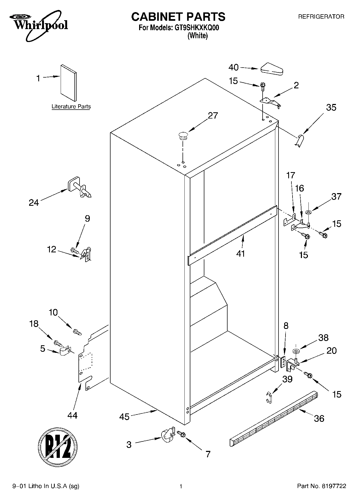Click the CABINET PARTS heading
click(x=178, y=17)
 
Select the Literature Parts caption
click(x=71, y=107)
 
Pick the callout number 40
click(x=233, y=67)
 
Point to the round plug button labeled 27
click(x=183, y=135)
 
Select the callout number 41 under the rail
click(x=240, y=253)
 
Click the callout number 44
click(x=72, y=415)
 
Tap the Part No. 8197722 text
click(x=321, y=486)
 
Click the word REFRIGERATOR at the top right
click(x=321, y=17)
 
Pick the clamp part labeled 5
click(x=65, y=351)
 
